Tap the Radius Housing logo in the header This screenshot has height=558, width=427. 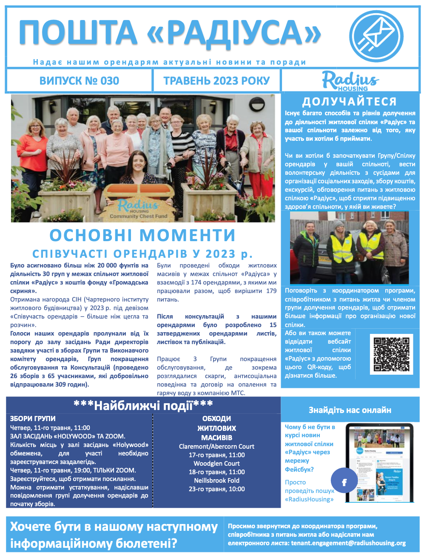click(350, 81)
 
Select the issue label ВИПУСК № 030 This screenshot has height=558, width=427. click(79, 81)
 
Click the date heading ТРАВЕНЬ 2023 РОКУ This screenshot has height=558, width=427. click(216, 81)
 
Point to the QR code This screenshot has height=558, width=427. click(391, 354)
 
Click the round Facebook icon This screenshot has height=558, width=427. click(344, 482)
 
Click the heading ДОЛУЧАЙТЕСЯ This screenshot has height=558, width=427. click(350, 102)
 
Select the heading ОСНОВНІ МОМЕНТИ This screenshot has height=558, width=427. click(142, 235)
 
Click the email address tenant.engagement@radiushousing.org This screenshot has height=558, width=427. click(348, 543)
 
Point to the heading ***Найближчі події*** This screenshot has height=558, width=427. click(143, 405)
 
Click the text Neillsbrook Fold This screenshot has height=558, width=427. click(216, 481)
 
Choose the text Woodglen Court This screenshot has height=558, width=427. click(216, 464)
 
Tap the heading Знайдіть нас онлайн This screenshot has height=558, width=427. click(350, 410)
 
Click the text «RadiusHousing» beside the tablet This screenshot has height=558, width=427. click(309, 499)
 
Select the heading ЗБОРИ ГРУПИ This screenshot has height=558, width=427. click(33, 418)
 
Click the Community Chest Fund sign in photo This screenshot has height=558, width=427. click(138, 209)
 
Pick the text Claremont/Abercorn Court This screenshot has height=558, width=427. click(216, 447)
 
